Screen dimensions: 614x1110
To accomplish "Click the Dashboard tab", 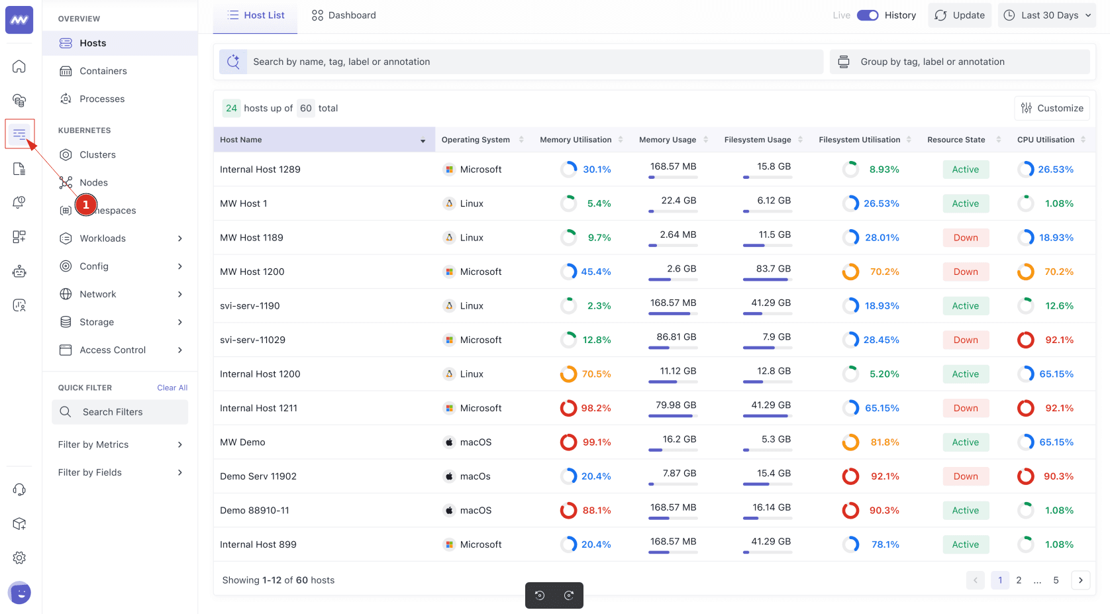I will pos(344,15).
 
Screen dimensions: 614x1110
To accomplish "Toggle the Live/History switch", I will pos(867,15).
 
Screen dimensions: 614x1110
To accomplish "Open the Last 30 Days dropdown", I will pos(1046,15).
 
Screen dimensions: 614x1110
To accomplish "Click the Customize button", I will pos(1052,108).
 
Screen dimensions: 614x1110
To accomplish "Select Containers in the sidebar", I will pos(103,71).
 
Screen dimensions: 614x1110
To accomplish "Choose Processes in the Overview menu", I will pos(102,99).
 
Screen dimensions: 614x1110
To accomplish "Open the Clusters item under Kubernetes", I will pos(97,154).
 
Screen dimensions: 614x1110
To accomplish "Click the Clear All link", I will pos(172,387).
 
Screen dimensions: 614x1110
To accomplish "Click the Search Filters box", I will pos(120,412).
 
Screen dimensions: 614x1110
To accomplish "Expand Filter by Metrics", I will pos(119,444).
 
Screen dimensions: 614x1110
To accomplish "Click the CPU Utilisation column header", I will pos(1046,140).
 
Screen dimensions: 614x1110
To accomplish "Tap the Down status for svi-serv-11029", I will pos(966,340).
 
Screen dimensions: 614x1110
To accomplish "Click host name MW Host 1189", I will pos(252,238).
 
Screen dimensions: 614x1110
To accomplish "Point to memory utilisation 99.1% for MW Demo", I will pos(596,442).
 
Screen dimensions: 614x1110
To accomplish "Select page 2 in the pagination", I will pos(1019,580).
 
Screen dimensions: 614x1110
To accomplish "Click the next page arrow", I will pos(1080,580).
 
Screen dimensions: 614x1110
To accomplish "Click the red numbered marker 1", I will pos(86,205).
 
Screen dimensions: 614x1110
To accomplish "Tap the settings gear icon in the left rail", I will pos(19,558).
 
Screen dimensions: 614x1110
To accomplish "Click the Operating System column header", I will pos(476,140).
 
